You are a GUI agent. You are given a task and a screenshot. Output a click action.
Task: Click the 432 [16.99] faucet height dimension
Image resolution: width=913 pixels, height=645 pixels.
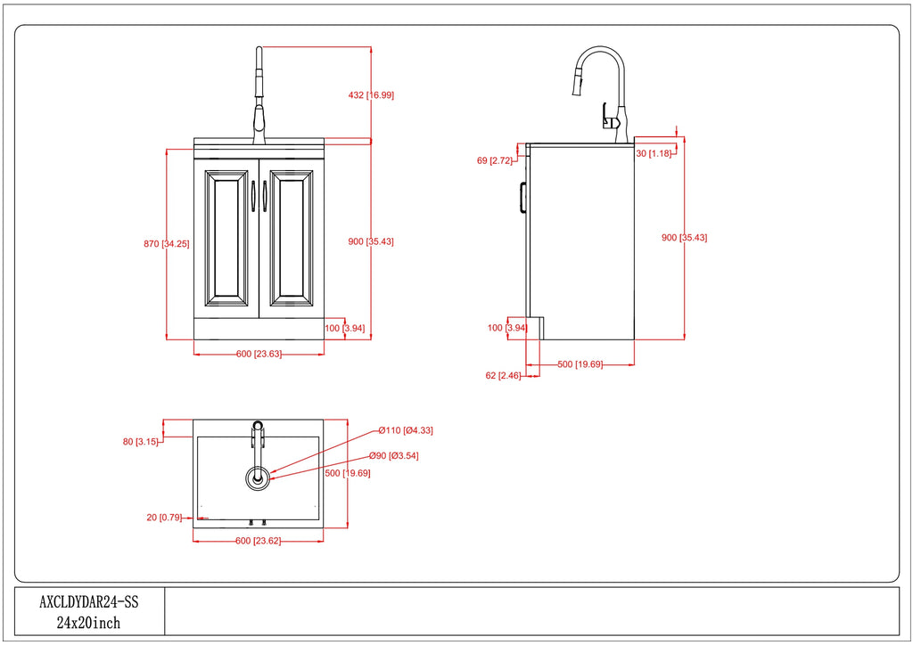coord(371,94)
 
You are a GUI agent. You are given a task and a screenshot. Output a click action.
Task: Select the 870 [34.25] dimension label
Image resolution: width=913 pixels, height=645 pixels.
coord(167,244)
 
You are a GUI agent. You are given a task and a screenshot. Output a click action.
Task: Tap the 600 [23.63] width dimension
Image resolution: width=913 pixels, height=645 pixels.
coord(259,354)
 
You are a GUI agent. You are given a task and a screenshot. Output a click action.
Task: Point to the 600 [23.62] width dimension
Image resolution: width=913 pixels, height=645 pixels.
coord(258,541)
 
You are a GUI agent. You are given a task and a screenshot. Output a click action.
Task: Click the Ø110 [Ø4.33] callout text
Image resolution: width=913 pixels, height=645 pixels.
coord(406,430)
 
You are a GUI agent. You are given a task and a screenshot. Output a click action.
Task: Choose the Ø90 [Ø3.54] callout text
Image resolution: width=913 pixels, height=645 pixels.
coord(393,455)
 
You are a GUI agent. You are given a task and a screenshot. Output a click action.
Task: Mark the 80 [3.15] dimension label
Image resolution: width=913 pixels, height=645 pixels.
coord(140,442)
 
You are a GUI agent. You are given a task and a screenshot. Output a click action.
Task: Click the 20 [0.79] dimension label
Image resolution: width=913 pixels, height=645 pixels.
coord(164,517)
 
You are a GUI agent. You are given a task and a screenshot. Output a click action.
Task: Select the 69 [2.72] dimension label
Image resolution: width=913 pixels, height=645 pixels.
coord(494,160)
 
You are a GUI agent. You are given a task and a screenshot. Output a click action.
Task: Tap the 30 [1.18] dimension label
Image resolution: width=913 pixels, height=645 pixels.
coord(654,153)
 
